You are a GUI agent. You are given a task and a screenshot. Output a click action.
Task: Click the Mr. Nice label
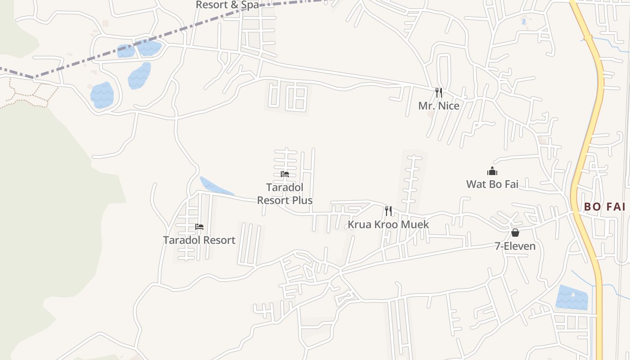(439, 106)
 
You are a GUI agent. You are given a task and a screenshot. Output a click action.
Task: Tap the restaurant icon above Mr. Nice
(439, 93)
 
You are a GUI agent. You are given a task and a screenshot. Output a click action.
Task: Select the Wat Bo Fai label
(492, 184)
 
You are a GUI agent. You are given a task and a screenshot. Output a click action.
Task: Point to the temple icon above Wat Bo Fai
(492, 171)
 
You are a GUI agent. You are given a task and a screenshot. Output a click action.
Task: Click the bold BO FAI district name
(604, 207)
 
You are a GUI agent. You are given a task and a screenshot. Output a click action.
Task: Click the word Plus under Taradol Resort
(301, 200)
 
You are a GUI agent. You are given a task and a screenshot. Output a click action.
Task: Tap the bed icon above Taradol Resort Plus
(285, 174)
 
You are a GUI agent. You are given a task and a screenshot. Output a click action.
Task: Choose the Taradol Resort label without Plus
(199, 240)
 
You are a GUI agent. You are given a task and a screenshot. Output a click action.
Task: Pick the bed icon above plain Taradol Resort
(199, 226)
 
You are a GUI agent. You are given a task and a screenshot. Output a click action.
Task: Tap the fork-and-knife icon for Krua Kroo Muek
(388, 211)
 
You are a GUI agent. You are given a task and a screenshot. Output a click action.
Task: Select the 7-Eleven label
(515, 246)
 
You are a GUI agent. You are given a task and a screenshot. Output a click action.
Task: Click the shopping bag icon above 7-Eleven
(515, 233)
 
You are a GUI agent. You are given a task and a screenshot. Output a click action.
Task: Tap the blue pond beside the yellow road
(571, 297)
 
